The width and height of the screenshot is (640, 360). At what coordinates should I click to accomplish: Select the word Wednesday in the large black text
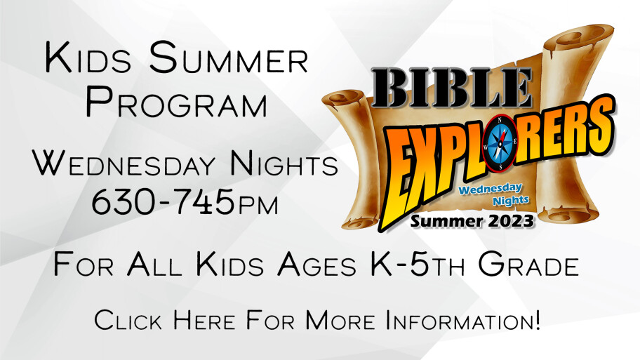pos(124,164)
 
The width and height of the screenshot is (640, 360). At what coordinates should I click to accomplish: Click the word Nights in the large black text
pos(284,164)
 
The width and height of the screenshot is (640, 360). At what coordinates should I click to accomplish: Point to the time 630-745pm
pos(185,201)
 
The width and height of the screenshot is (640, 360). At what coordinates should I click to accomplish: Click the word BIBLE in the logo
pos(452,88)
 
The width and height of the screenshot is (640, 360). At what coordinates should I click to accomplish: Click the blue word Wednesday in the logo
pos(491,189)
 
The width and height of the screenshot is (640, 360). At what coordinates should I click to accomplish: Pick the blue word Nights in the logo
pos(511,201)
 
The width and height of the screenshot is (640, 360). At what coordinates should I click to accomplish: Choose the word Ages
pos(316,265)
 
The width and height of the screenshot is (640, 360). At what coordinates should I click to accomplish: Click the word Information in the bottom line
pos(463,319)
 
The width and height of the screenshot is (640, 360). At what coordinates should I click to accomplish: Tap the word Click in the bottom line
pos(128,319)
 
